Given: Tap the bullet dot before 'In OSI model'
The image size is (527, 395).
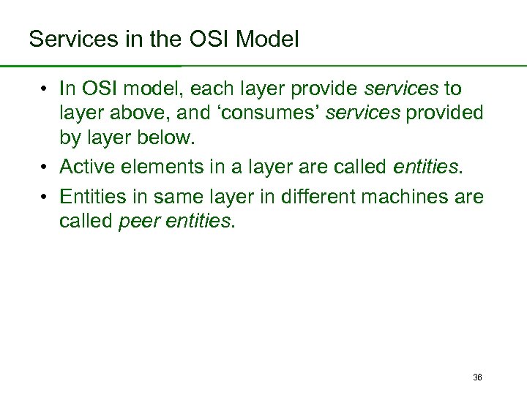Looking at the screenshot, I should pos(45,89).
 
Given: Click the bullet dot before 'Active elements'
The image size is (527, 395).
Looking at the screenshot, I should pos(45,168).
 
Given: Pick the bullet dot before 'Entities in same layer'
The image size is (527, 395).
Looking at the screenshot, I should pos(45,197).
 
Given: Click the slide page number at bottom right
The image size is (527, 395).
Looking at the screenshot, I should pos(477,377).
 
